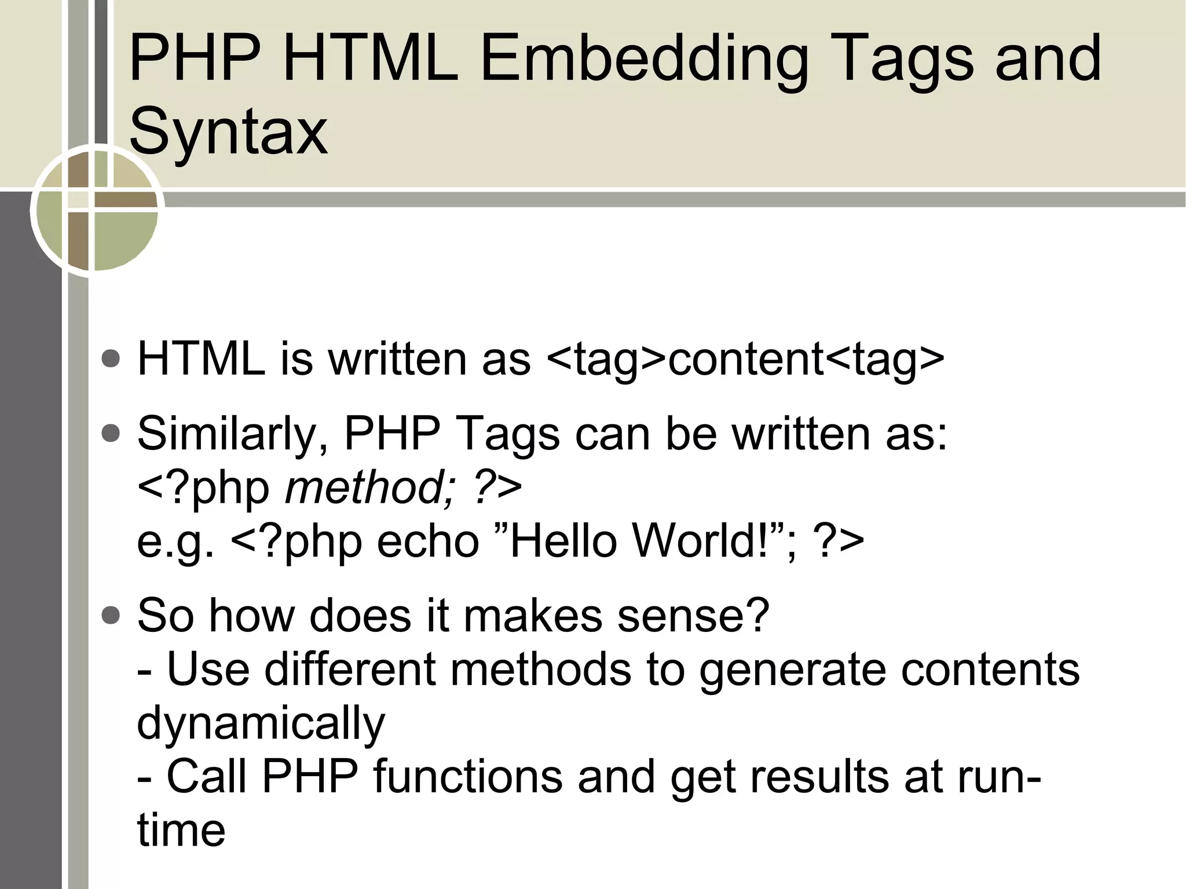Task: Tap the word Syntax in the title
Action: (x=228, y=133)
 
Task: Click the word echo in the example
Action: (x=428, y=542)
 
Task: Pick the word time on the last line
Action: (x=181, y=831)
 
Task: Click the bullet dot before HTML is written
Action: (x=111, y=358)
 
